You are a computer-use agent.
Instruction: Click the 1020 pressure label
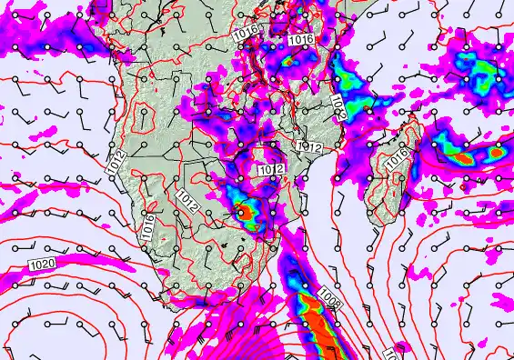tap(41, 264)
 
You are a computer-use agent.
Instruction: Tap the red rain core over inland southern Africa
tap(245, 214)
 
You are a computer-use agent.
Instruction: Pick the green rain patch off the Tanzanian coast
tap(349, 87)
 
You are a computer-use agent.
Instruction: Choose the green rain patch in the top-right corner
tap(475, 68)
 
